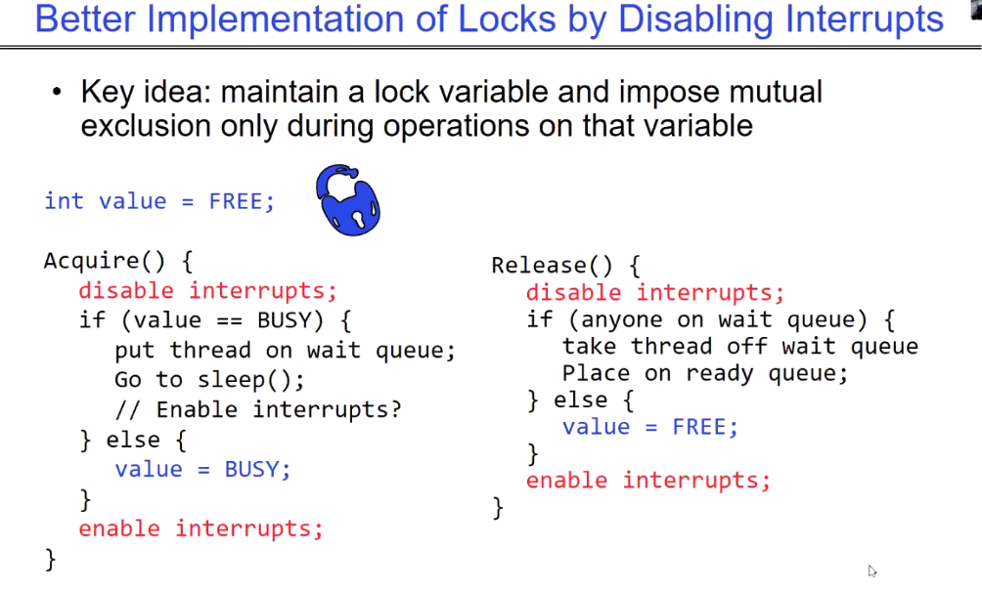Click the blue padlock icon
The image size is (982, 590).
[348, 200]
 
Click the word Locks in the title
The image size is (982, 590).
[507, 19]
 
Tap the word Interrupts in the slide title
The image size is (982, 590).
[865, 20]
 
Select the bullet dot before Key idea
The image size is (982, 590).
[57, 93]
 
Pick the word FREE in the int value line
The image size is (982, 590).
[236, 201]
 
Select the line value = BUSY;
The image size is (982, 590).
[202, 469]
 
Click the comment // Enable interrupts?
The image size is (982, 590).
[258, 410]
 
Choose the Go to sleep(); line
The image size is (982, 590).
[209, 380]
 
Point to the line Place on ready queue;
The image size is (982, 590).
[705, 373]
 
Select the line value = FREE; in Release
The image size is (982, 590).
[650, 427]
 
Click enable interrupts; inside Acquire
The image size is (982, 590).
[201, 528]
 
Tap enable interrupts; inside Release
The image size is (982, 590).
[648, 481]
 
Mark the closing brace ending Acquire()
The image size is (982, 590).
[51, 560]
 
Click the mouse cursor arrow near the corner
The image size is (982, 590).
[872, 570]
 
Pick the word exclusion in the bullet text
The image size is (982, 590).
[145, 126]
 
